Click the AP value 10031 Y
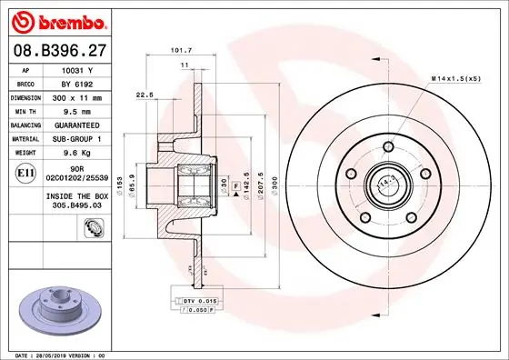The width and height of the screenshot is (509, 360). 77,69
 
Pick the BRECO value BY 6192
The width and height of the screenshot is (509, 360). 77,83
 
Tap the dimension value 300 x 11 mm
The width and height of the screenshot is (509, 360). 77,96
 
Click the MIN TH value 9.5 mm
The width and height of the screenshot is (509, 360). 77,110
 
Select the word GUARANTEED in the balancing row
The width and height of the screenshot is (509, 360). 77,124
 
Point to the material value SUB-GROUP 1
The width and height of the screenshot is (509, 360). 77,137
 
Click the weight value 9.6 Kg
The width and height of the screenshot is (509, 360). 77,151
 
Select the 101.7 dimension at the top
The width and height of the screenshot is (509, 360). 180,51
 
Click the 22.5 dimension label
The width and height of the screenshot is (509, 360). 144,93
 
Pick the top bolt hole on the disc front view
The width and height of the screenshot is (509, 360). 386,147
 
